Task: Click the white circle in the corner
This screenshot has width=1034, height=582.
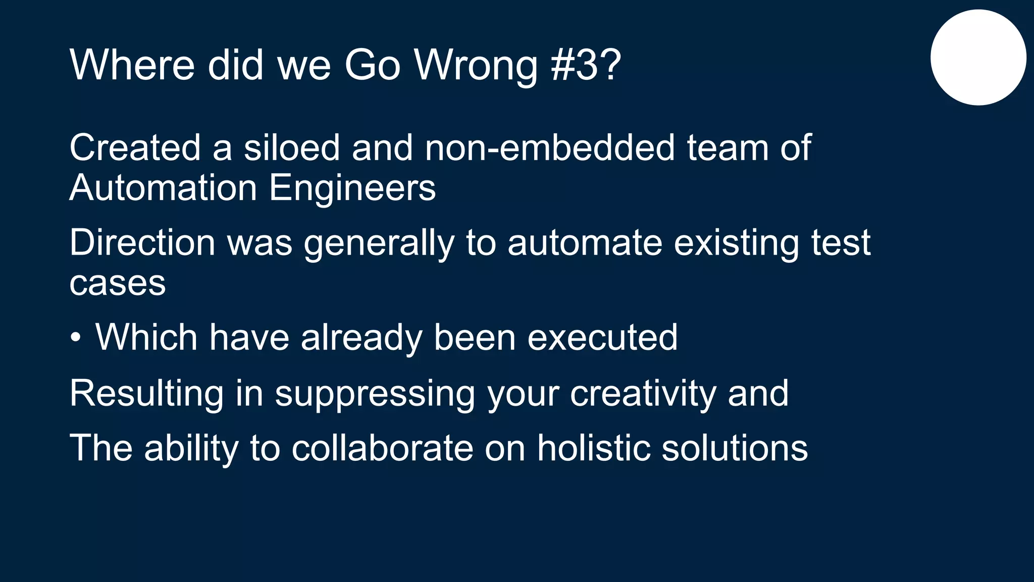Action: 978,58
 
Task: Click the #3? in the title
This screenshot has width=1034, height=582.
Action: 586,65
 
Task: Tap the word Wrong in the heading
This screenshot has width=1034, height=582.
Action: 476,66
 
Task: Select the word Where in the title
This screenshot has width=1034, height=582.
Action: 132,65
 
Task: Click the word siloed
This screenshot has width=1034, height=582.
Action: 292,148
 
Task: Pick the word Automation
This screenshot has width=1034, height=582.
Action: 164,188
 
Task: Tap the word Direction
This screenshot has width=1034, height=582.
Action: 142,243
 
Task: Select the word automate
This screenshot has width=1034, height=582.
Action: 585,243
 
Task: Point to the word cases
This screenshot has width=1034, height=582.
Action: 118,283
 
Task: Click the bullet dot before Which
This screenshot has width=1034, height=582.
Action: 75,337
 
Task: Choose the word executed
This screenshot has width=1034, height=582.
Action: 602,337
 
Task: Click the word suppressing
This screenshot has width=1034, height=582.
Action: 375,394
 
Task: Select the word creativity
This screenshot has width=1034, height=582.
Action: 643,394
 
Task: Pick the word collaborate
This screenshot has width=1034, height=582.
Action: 382,448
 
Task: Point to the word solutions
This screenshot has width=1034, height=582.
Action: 735,448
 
